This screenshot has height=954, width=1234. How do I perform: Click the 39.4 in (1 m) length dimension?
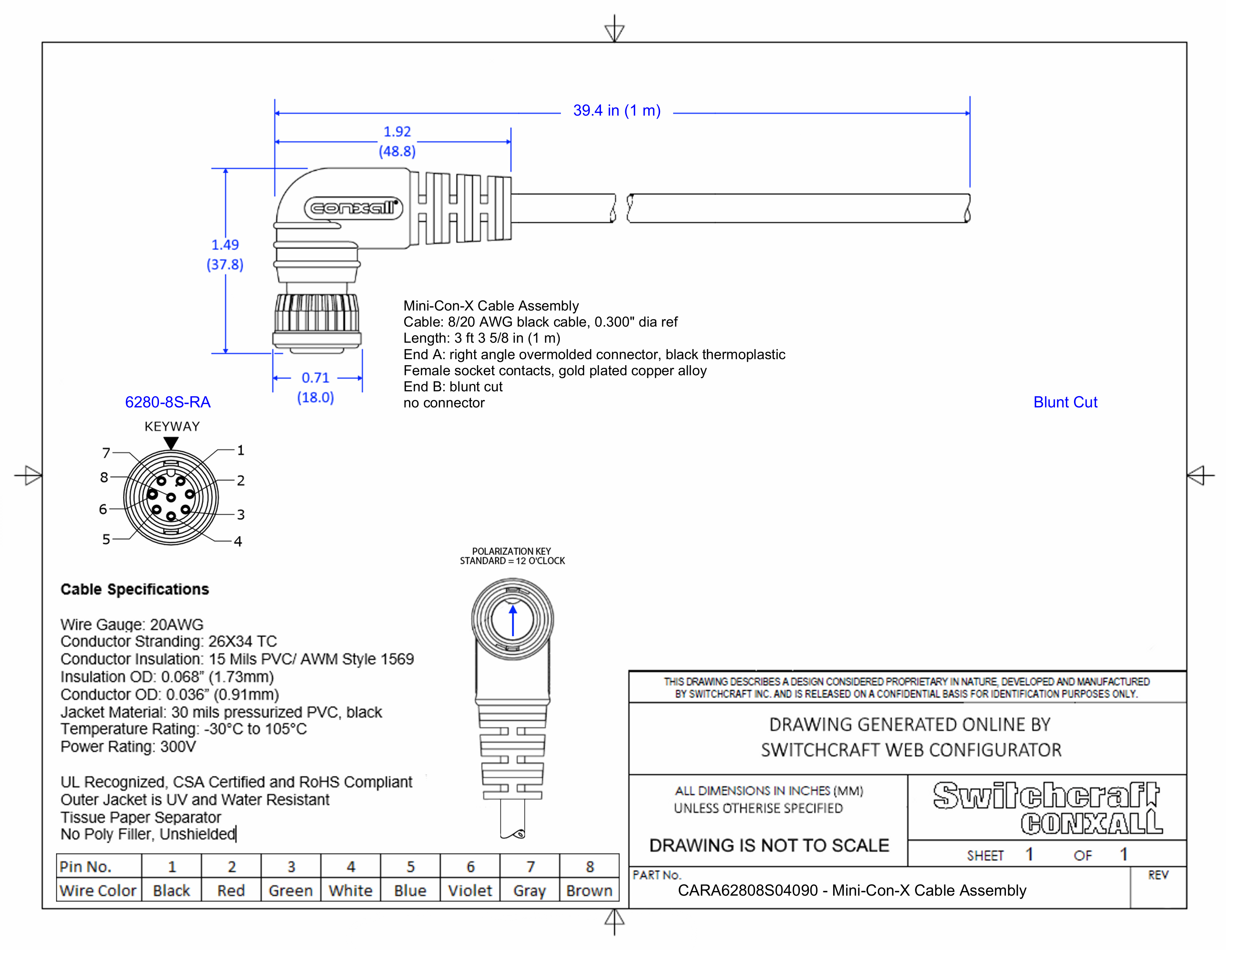(616, 111)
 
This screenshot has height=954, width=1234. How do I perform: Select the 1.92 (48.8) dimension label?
(397, 141)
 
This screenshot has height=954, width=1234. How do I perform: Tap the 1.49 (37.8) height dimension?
(225, 254)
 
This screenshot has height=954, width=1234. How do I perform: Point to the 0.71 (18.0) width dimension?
(315, 387)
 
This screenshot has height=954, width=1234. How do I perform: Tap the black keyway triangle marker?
(171, 443)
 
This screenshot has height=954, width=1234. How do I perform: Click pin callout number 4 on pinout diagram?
(238, 541)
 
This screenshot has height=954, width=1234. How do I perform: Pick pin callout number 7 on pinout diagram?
(106, 453)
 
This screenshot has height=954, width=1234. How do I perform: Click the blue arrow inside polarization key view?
(512, 621)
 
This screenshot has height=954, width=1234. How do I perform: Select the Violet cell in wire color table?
(470, 891)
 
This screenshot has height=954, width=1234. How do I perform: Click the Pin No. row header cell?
(86, 866)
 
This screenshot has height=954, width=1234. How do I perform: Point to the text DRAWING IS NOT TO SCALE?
(769, 846)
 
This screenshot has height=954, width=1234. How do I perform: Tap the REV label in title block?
(1158, 875)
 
